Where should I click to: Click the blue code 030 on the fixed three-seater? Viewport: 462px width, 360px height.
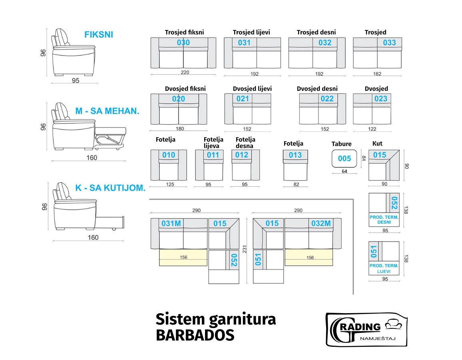[x=183, y=43]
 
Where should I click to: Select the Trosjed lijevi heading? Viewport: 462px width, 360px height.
[x=251, y=32]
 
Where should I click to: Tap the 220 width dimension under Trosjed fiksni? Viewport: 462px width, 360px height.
[x=185, y=72]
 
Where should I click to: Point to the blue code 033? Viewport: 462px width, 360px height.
[x=389, y=43]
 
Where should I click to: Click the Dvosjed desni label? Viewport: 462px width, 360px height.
[x=317, y=89]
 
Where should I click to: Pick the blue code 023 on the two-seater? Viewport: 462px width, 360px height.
[x=381, y=99]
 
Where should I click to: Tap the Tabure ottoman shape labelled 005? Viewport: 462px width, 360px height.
[x=344, y=159]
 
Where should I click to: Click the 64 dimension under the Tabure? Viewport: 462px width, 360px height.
[x=344, y=172]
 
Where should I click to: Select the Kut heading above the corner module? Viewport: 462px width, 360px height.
[x=377, y=144]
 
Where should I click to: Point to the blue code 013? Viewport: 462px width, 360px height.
[x=295, y=155]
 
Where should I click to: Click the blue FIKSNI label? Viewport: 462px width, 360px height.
[x=99, y=35]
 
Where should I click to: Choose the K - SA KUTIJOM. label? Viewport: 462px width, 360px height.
[x=110, y=188]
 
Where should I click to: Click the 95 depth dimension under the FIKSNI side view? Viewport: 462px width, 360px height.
[x=76, y=81]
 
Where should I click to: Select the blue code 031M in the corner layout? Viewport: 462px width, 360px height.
[x=171, y=224]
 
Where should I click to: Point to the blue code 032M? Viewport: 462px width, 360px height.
[x=321, y=224]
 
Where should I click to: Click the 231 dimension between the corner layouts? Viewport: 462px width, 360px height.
[x=245, y=248]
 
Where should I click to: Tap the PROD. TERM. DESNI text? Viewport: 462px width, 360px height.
[x=384, y=219]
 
